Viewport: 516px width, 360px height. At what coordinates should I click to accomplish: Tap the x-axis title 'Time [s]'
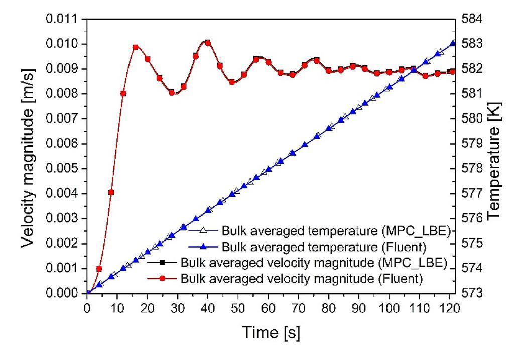[271, 332]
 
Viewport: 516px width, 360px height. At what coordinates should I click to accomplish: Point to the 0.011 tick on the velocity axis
[70, 19]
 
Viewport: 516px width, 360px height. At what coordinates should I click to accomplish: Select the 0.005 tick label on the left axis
[70, 169]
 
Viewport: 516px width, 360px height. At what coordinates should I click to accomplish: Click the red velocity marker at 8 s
[111, 192]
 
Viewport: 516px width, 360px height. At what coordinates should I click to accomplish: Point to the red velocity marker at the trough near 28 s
[172, 93]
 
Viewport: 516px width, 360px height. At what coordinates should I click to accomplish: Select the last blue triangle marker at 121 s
[453, 43]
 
